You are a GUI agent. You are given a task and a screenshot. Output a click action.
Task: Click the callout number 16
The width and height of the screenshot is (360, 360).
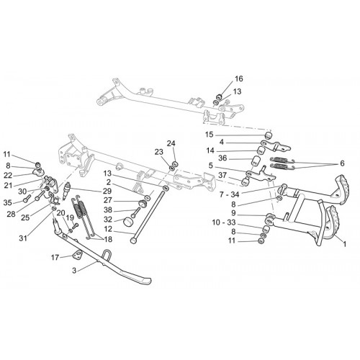pyautogui.click(x=239, y=78)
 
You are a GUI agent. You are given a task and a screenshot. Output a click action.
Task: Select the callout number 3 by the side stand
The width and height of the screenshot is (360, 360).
pyautogui.click(x=74, y=271)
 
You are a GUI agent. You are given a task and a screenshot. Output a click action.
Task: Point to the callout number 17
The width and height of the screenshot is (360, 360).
pyautogui.click(x=55, y=258)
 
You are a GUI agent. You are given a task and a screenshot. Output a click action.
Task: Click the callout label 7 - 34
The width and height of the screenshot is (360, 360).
pyautogui.click(x=229, y=194)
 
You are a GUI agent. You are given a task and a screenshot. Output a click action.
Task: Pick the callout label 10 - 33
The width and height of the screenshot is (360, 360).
pyautogui.click(x=224, y=222)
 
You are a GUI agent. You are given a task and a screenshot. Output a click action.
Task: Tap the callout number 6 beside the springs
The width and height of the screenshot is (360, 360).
pyautogui.click(x=342, y=163)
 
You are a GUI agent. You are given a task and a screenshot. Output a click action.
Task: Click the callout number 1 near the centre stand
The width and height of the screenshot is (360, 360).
pyautogui.click(x=345, y=244)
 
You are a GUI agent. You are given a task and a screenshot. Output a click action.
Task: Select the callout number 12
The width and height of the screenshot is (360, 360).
pyautogui.click(x=108, y=229)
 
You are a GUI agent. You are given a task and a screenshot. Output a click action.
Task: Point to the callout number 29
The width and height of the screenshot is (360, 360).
pyautogui.click(x=107, y=192)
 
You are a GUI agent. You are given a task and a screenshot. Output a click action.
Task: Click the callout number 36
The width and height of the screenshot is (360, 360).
pyautogui.click(x=222, y=158)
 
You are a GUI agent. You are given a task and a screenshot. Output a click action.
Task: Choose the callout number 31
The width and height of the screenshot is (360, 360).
pyautogui.click(x=23, y=238)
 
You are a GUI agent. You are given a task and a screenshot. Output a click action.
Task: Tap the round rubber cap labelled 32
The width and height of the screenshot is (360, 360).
pyautogui.click(x=127, y=222)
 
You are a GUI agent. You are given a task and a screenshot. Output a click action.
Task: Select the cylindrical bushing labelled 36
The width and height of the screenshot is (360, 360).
pyautogui.click(x=255, y=161)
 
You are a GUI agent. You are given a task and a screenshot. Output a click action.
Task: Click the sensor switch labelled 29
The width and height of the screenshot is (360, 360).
pyautogui.click(x=66, y=191)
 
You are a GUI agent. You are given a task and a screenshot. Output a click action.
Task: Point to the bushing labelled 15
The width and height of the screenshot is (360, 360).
pyautogui.click(x=269, y=135)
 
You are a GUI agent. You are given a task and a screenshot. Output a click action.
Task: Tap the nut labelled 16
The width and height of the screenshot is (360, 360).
pyautogui.click(x=219, y=97)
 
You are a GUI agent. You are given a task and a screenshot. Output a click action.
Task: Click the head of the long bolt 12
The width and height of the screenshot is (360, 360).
pyautogui.click(x=133, y=240)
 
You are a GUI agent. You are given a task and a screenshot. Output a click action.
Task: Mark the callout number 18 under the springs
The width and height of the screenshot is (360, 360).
pyautogui.click(x=108, y=239)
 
